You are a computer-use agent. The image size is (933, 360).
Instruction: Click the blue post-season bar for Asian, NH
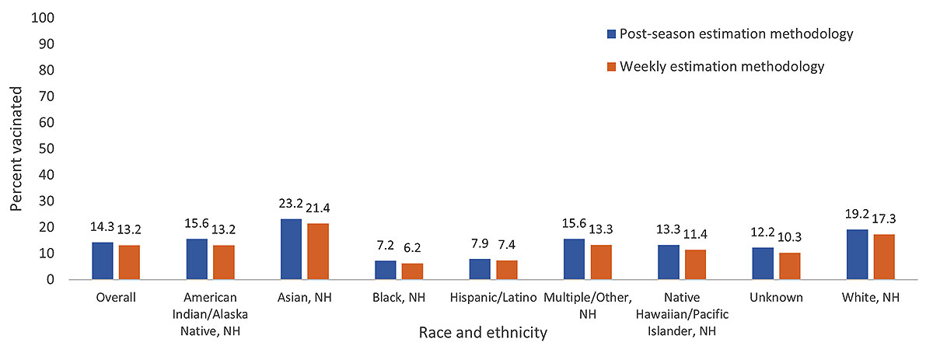pos(291,249)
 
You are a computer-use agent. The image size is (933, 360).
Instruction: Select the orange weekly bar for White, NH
pos(883,257)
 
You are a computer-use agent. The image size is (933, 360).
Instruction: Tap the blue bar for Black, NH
pos(385,270)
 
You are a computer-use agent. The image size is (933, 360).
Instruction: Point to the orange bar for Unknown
pos(789,266)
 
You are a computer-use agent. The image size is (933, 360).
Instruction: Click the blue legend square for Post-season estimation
pos(612,34)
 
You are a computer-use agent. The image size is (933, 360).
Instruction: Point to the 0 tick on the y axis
pos(49,279)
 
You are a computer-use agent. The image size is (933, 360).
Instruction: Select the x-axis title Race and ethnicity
pos(483,333)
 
